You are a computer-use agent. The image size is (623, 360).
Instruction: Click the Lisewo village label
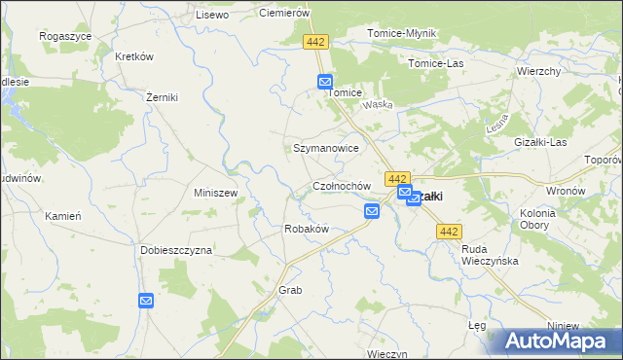[211, 15]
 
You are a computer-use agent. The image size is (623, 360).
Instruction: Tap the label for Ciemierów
[283, 13]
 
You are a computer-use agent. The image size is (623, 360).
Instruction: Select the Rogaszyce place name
[64, 35]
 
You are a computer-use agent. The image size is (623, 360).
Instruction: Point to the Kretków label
[134, 56]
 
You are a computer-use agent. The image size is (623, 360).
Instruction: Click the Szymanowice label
[326, 149]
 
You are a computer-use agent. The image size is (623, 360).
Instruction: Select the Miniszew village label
[216, 193]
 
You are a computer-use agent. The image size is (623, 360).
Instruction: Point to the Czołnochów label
[341, 186]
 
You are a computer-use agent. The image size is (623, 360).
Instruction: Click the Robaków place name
[306, 229]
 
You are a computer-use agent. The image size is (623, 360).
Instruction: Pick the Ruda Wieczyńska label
[490, 255]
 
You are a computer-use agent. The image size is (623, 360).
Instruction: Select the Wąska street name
[377, 105]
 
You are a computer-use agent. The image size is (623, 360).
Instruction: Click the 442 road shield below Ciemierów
[314, 42]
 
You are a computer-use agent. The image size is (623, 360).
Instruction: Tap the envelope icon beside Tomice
[324, 83]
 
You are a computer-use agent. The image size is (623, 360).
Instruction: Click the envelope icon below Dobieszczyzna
[145, 302]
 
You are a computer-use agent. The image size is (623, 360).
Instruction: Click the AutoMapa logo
[558, 342]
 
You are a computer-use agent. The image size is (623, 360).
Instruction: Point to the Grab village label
[290, 291]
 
